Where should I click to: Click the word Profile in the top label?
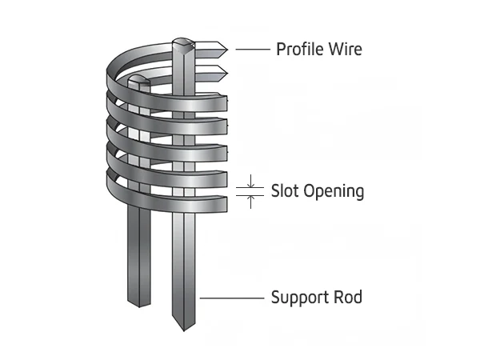click(x=299, y=49)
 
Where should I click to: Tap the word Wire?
click(x=344, y=49)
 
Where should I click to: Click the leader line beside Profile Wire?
click(x=251, y=49)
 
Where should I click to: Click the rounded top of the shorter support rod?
click(x=138, y=79)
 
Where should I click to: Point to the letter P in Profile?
click(x=281, y=49)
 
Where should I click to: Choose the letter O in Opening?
click(x=307, y=191)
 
